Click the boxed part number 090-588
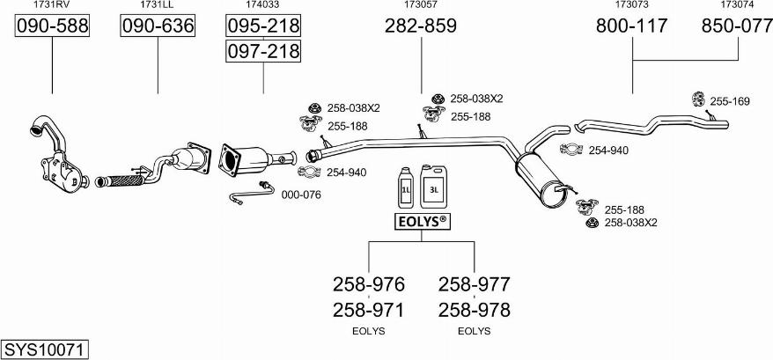click(x=53, y=26)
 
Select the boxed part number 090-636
click(x=158, y=26)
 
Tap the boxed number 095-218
click(x=263, y=26)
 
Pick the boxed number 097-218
click(x=263, y=52)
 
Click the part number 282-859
click(x=421, y=26)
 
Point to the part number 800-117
click(x=632, y=26)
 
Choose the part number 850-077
click(x=737, y=26)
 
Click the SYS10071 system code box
click(x=45, y=349)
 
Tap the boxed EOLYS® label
click(x=421, y=221)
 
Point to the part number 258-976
click(x=369, y=284)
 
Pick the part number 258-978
click(x=474, y=310)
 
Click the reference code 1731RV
click(x=52, y=5)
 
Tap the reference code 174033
click(x=263, y=5)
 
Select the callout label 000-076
click(x=300, y=195)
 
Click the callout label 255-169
click(x=730, y=102)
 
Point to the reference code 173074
click(x=737, y=5)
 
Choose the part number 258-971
click(x=369, y=310)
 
